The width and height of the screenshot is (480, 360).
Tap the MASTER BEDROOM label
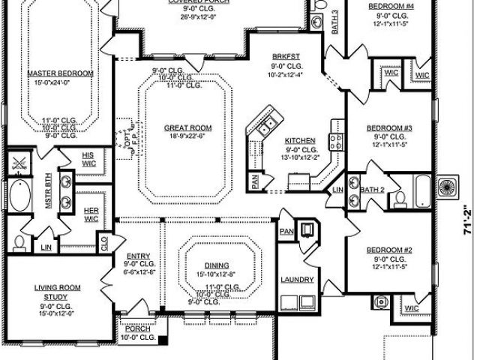(x=60, y=73)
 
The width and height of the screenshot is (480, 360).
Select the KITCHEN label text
(x=299, y=140)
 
